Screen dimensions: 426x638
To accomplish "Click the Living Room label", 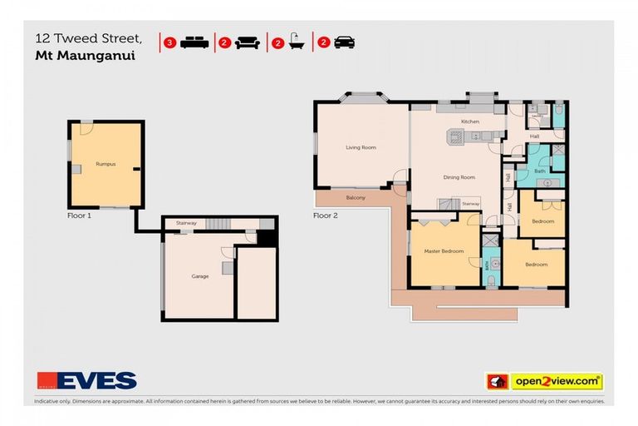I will tap(361, 147).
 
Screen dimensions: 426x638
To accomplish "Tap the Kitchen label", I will tap(470, 121).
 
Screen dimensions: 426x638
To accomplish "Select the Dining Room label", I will tap(459, 177).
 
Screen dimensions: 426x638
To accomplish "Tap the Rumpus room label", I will tap(105, 164).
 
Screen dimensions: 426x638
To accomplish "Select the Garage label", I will tap(199, 275).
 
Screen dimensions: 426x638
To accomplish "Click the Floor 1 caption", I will tap(79, 215).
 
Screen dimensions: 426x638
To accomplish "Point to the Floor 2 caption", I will tap(325, 215).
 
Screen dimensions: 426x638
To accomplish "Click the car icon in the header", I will tap(344, 42).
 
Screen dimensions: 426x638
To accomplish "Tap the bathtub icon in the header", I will tap(295, 42).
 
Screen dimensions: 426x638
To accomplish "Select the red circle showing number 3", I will tap(169, 42).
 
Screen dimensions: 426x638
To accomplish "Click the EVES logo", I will tap(86, 380).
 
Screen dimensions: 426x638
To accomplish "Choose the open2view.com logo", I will tap(543, 381).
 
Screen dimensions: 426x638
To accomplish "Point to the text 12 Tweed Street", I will tap(81, 37).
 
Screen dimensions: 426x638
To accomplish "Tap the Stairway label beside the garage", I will tap(186, 223).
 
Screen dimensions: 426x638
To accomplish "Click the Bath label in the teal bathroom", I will tap(539, 171).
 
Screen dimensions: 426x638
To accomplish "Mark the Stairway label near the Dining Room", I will tap(470, 203).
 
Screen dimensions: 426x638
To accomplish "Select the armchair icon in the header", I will tap(247, 42).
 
